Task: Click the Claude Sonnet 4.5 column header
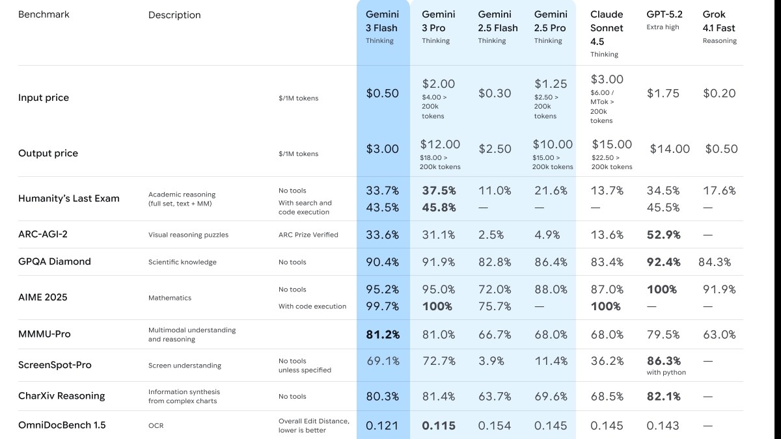[607, 28]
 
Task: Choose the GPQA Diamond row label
[55, 261]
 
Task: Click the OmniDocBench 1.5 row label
[62, 425]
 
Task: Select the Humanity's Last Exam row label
[69, 198]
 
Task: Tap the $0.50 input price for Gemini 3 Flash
[382, 93]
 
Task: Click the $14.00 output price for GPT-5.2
[670, 149]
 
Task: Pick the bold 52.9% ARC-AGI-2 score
[663, 235]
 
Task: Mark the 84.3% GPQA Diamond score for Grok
[715, 262]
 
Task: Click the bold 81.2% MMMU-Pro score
[382, 335]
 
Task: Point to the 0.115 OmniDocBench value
[438, 426]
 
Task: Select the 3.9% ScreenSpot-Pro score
[495, 361]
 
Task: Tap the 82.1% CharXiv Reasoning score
[663, 396]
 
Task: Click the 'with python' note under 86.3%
[666, 373]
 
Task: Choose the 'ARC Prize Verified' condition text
[308, 235]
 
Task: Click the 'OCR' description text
[156, 426]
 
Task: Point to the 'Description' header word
[174, 15]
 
